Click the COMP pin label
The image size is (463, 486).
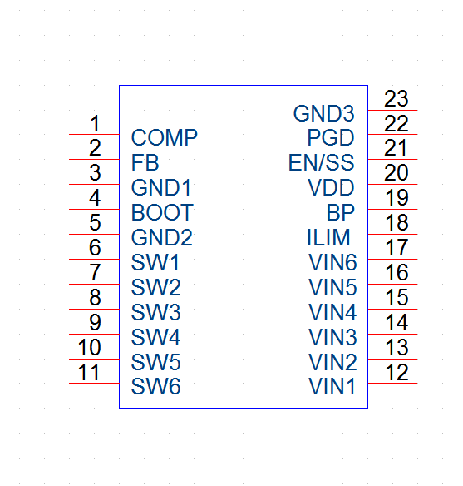(164, 137)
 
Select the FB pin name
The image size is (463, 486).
(145, 163)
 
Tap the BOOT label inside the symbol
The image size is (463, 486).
(162, 213)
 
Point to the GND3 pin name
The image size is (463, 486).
(323, 113)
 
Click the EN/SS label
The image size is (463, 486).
(321, 163)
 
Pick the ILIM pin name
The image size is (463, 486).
(328, 237)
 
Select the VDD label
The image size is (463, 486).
(331, 187)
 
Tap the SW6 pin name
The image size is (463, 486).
(155, 386)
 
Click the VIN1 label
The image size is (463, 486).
(332, 386)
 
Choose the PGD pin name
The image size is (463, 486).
(331, 137)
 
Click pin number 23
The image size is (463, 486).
(397, 98)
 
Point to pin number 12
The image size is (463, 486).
(397, 372)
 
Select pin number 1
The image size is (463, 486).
(95, 123)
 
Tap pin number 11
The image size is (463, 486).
(89, 372)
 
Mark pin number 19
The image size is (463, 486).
(397, 198)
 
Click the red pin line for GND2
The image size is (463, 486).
(94, 234)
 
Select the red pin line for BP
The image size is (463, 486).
(392, 209)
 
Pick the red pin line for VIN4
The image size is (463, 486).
(392, 309)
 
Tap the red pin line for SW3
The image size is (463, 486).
(94, 309)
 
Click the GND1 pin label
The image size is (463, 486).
(161, 187)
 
